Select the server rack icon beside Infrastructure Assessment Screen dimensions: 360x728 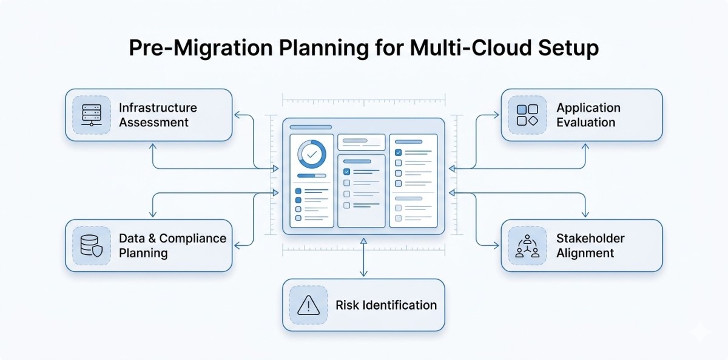pos(91,115)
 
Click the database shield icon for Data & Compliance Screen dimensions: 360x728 pos(91,245)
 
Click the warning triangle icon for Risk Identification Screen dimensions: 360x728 pos(309,305)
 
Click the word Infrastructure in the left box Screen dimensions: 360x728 pos(158,108)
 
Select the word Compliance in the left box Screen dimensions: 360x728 pos(194,239)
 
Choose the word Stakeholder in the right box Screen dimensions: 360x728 pos(590,239)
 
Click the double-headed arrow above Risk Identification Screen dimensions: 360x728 pos(363,257)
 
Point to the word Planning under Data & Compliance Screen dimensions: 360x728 pos(143,253)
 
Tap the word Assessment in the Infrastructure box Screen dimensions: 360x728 pos(153,122)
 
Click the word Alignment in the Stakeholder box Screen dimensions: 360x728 pos(585,253)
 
